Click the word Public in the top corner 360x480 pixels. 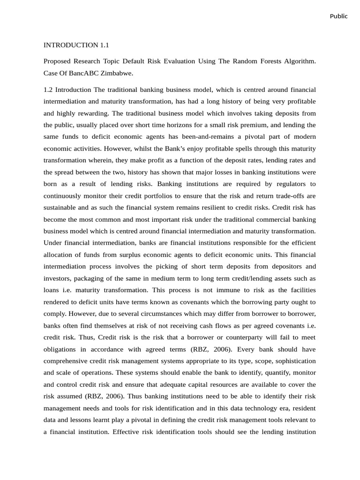[338, 16]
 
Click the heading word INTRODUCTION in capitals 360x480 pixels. [70, 45]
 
